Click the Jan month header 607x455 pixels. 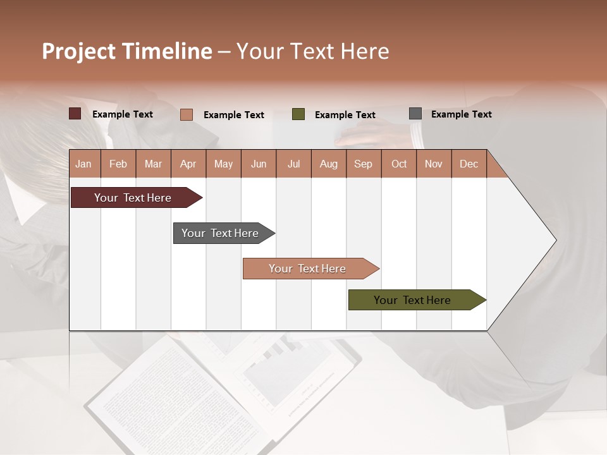(x=84, y=164)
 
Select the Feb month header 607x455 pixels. (x=118, y=164)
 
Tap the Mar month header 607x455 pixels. (x=153, y=164)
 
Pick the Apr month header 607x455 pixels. (x=188, y=164)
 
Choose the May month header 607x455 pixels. (x=223, y=164)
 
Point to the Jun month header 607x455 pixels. (x=259, y=164)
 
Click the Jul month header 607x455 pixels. (x=293, y=164)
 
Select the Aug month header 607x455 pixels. (x=329, y=164)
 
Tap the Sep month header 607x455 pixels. (x=364, y=164)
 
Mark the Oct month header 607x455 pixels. (x=399, y=164)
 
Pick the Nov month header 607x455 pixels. (x=434, y=164)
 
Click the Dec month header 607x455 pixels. (x=469, y=164)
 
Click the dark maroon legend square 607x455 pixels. (x=75, y=114)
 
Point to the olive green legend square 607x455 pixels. (x=298, y=114)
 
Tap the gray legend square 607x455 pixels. (x=415, y=114)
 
